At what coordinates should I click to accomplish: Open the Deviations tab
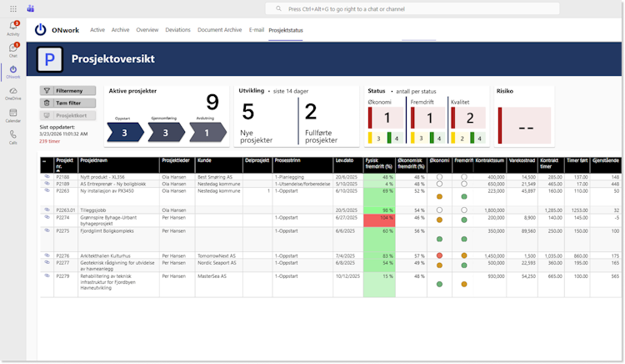(x=177, y=30)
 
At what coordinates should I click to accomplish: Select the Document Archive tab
(x=219, y=30)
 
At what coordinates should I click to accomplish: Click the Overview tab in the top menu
(x=147, y=30)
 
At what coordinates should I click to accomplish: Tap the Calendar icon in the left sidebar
(x=13, y=114)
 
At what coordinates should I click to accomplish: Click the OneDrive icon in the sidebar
(x=13, y=92)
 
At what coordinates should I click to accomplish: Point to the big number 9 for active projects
(x=212, y=102)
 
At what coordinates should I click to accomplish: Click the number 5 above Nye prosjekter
(x=247, y=112)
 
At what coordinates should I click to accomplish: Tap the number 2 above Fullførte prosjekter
(x=311, y=112)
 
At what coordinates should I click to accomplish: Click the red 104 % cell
(x=379, y=217)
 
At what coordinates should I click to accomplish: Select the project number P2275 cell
(x=63, y=230)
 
